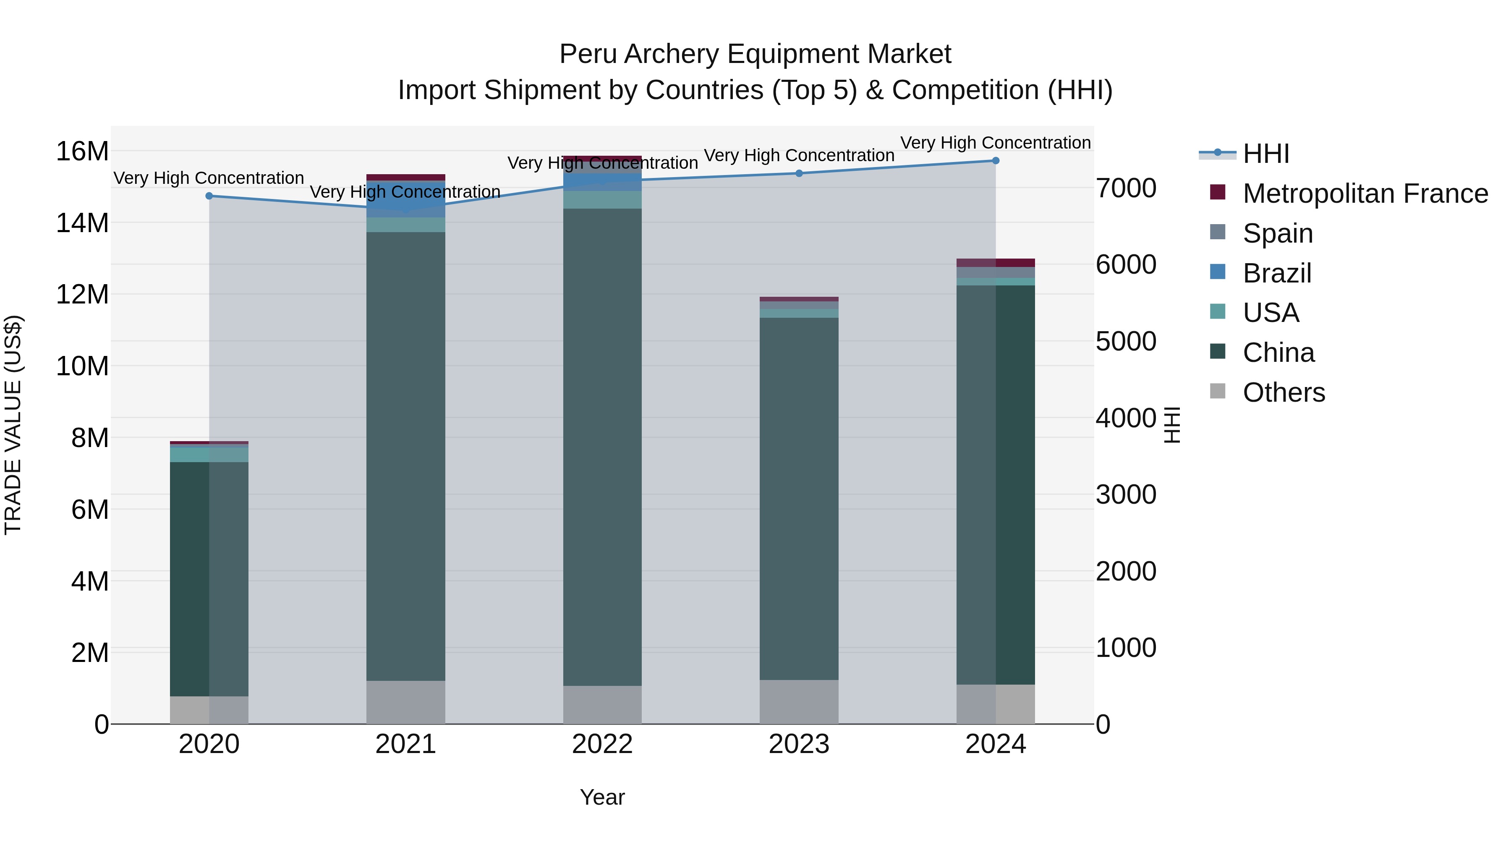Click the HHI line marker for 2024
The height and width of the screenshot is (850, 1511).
coord(996,161)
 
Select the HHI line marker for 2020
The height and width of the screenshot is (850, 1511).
coord(209,196)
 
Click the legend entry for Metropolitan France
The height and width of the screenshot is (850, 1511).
coord(1365,194)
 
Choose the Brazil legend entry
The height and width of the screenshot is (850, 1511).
coord(1276,273)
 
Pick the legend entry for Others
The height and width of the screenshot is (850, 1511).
coord(1284,392)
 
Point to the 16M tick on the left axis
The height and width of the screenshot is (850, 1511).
coord(82,152)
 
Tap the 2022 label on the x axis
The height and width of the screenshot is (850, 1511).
coord(602,744)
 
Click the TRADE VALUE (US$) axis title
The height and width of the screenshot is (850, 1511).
coord(13,425)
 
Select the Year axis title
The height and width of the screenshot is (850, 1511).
coord(602,797)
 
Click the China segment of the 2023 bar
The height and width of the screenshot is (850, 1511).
coord(799,499)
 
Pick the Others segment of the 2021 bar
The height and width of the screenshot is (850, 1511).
coord(405,702)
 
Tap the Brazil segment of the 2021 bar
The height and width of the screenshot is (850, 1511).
coord(405,199)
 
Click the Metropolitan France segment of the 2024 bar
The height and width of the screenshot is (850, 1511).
coord(996,263)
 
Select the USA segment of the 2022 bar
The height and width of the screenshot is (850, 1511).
coord(602,199)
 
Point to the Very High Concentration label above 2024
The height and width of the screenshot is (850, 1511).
coord(996,143)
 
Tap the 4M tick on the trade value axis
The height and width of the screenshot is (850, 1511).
coord(90,581)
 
